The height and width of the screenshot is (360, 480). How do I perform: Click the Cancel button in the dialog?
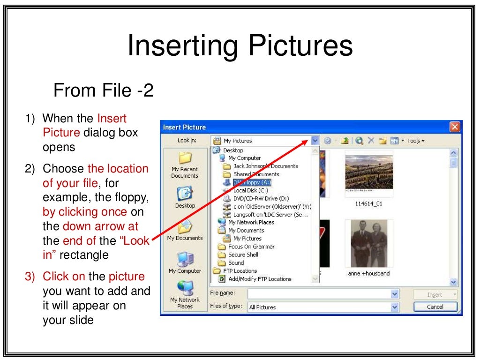pyautogui.click(x=435, y=307)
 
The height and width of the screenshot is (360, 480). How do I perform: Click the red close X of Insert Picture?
pyautogui.click(x=454, y=127)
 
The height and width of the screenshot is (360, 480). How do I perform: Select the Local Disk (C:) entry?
pyautogui.click(x=250, y=190)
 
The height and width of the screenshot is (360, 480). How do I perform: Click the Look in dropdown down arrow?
pyautogui.click(x=315, y=141)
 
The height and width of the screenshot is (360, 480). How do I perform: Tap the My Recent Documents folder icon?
pyautogui.click(x=185, y=158)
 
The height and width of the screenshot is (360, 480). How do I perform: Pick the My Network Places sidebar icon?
pyautogui.click(x=185, y=287)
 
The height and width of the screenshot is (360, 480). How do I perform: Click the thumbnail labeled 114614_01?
pyautogui.click(x=369, y=172)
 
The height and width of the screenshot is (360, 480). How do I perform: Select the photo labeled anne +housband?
pyautogui.click(x=369, y=243)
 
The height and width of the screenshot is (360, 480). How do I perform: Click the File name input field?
pyautogui.click(x=319, y=294)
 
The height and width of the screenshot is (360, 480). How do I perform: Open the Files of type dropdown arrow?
pyautogui.click(x=395, y=307)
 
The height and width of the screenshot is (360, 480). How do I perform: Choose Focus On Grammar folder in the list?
pyautogui.click(x=251, y=247)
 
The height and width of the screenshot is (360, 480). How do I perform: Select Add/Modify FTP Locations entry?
pyautogui.click(x=260, y=279)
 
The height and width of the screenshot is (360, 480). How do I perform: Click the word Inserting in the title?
pyautogui.click(x=183, y=46)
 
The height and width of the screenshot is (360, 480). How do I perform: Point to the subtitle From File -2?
pyautogui.click(x=104, y=90)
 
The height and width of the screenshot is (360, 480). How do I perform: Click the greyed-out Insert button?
pyautogui.click(x=435, y=294)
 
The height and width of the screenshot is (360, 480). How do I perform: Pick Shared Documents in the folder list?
pyautogui.click(x=256, y=174)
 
